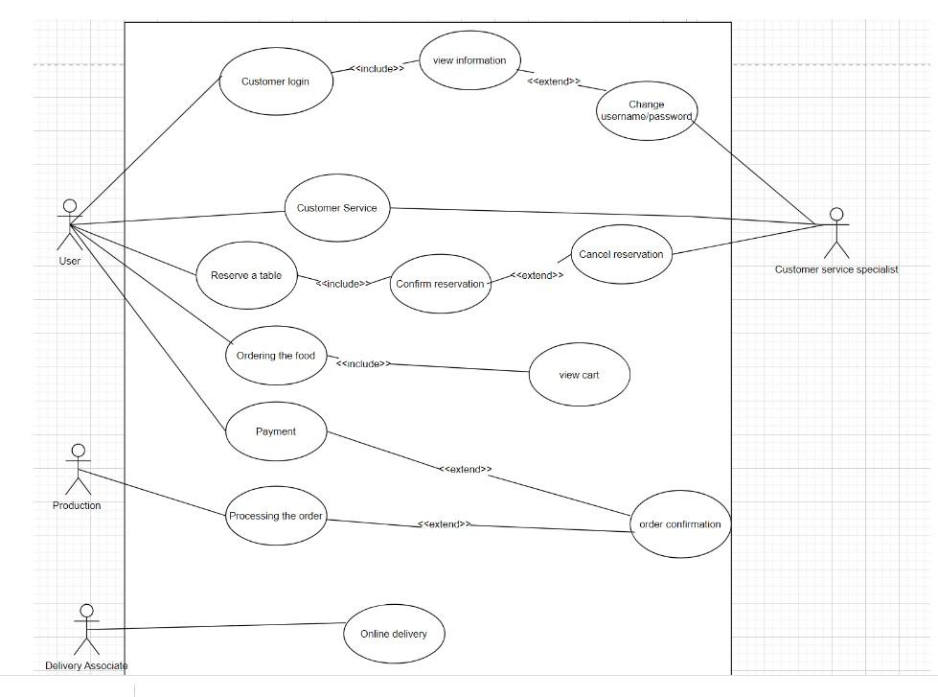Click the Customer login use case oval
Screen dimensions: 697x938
tap(275, 81)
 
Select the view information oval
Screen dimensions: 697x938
tap(469, 61)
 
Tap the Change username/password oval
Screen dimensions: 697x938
tap(647, 111)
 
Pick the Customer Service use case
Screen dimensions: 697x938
tap(337, 208)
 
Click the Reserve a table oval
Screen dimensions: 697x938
tap(246, 276)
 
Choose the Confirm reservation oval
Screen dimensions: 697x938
tap(440, 284)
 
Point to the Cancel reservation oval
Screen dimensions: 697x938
tap(621, 255)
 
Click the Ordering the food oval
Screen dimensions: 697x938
tap(276, 356)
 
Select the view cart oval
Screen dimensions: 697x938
tap(579, 375)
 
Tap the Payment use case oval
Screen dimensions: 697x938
tap(276, 431)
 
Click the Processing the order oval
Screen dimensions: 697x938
tap(276, 517)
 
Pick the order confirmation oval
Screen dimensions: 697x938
tap(681, 524)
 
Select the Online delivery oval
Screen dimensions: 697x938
tap(393, 634)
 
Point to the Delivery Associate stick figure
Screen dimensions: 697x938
tap(86, 630)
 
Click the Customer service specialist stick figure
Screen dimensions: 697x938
tap(837, 233)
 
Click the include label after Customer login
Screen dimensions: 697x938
tap(378, 68)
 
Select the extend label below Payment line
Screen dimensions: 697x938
tap(466, 470)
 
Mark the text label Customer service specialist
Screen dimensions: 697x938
tap(836, 269)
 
